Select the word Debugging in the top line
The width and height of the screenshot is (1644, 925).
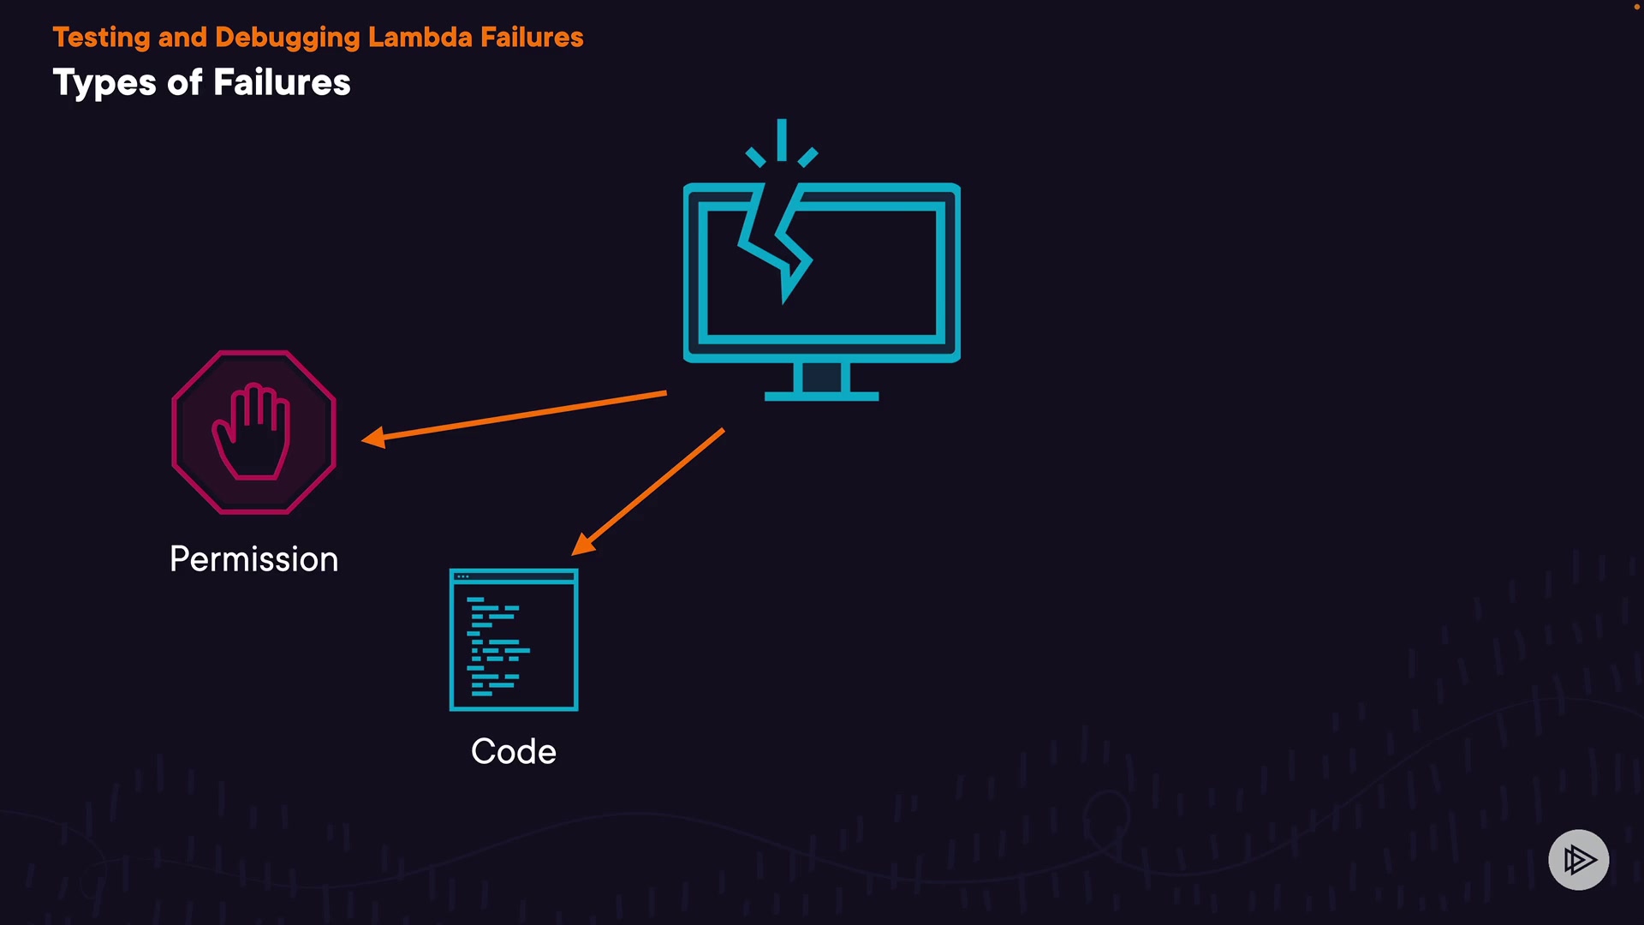pyautogui.click(x=288, y=38)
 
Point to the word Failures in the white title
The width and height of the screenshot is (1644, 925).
pyautogui.click(x=282, y=83)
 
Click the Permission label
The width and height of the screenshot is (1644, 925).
pyautogui.click(x=254, y=559)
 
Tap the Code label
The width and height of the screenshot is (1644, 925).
pyautogui.click(x=514, y=751)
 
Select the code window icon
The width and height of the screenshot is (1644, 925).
pyautogui.click(x=514, y=641)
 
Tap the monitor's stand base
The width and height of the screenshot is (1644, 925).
pyautogui.click(x=821, y=396)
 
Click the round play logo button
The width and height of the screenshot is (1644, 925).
pyautogui.click(x=1578, y=859)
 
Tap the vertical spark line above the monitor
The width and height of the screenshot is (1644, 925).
pyautogui.click(x=782, y=140)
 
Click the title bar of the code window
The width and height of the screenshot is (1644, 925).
pyautogui.click(x=514, y=576)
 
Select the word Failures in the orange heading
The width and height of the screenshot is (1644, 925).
pyautogui.click(x=532, y=38)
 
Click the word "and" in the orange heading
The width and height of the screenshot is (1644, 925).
pyautogui.click(x=182, y=38)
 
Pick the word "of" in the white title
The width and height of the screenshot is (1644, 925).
pyautogui.click(x=185, y=83)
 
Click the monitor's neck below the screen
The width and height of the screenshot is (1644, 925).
pyautogui.click(x=821, y=376)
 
